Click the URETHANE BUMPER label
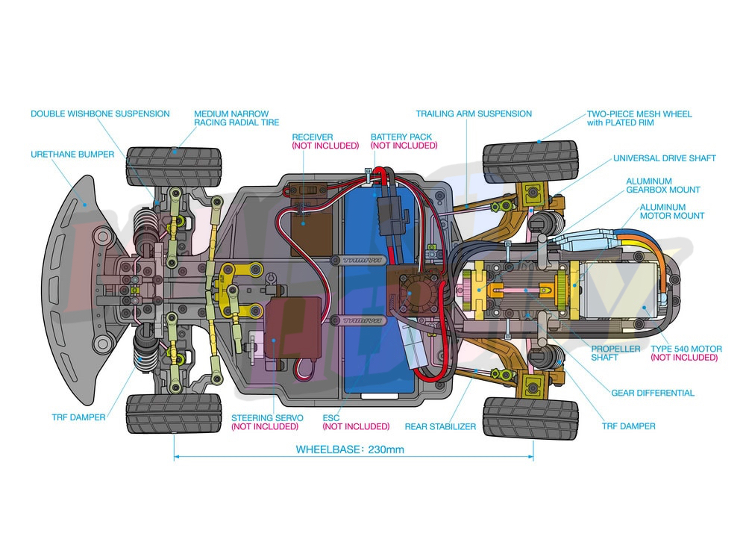(x=72, y=155)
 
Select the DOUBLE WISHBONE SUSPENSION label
(x=100, y=114)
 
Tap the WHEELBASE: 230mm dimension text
(x=350, y=449)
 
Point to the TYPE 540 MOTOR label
(x=686, y=349)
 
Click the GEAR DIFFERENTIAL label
(x=652, y=393)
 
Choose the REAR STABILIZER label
(x=440, y=426)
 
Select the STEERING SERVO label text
(x=264, y=417)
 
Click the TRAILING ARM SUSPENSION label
(x=474, y=114)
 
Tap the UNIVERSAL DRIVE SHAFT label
(x=664, y=158)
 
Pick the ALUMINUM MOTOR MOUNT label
(x=671, y=211)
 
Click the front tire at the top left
(x=174, y=167)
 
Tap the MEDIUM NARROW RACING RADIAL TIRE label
(x=236, y=118)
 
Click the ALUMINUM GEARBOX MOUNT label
(x=659, y=185)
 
